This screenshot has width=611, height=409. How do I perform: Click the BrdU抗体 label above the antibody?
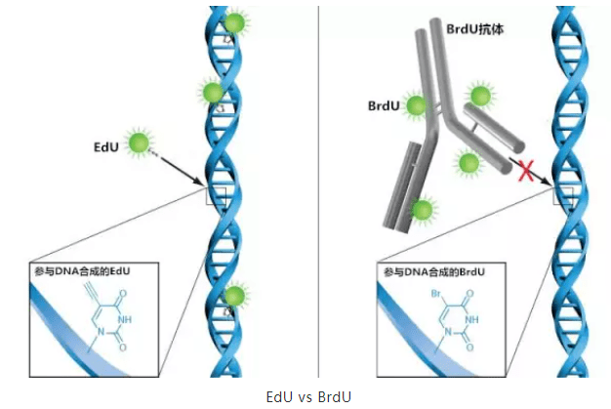click(x=471, y=30)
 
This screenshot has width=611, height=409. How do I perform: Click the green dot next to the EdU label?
click(x=142, y=145)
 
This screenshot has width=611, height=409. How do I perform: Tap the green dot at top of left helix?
click(x=234, y=22)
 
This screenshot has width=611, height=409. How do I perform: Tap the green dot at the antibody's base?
click(x=422, y=209)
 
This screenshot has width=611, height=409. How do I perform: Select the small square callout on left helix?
click(x=216, y=195)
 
